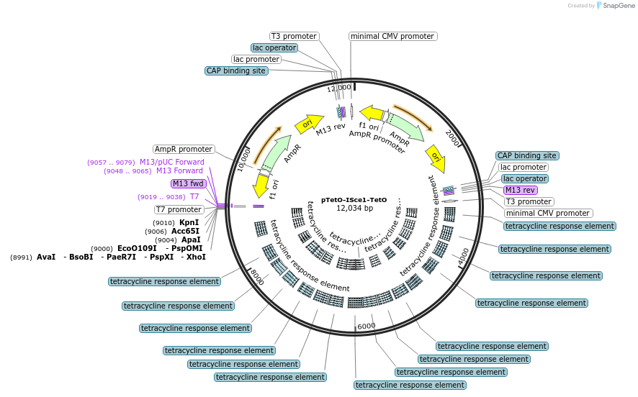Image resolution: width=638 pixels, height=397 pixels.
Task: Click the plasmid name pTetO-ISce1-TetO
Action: [354, 199]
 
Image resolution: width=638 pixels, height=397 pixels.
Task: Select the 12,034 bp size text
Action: [354, 209]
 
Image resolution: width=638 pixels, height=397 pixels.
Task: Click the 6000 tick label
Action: [366, 326]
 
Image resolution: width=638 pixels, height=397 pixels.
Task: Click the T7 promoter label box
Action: [180, 209]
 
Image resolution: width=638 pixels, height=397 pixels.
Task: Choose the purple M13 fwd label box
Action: [189, 183]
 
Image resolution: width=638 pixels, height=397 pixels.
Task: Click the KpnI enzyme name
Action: [189, 222]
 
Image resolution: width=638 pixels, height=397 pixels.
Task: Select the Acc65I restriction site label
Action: [185, 231]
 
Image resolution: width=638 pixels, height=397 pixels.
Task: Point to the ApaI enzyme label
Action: [190, 239]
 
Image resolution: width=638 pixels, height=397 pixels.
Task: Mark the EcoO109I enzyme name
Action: [137, 248]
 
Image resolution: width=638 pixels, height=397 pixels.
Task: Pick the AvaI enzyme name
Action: [46, 257]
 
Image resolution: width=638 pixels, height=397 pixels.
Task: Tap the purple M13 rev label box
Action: [520, 190]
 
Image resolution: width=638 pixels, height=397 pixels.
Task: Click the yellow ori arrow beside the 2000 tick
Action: [436, 158]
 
